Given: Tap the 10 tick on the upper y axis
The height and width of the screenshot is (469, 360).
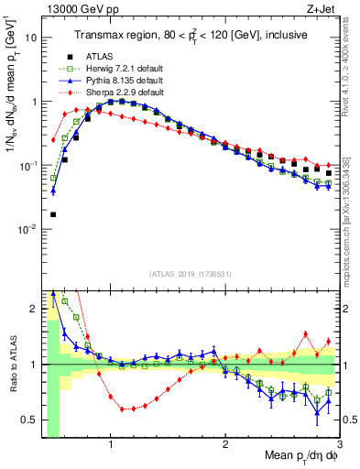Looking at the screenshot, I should click(x=31, y=38).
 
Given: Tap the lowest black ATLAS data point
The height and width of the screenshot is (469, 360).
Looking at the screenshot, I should click(x=53, y=214).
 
